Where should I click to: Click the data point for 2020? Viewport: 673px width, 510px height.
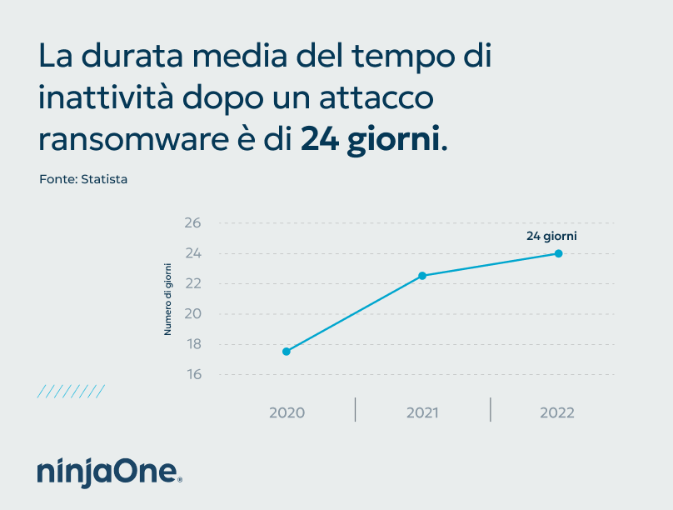point(286,352)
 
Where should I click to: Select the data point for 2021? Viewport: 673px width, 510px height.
point(422,276)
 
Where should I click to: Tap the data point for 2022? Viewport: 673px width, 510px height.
point(558,253)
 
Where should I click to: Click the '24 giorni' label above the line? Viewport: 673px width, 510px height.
point(551,236)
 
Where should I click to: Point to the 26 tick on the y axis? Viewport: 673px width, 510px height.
point(193,223)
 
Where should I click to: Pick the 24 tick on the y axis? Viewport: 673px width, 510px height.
point(193,253)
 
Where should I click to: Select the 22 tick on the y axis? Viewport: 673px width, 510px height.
point(193,283)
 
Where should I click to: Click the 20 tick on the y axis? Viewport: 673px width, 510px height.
point(193,314)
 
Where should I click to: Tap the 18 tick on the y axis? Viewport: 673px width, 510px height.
point(193,344)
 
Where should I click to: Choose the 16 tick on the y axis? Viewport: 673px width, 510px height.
point(193,374)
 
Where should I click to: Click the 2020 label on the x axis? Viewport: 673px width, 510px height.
point(287,412)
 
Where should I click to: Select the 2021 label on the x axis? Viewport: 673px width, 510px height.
point(422,412)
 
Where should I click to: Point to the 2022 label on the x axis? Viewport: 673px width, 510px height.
point(557,412)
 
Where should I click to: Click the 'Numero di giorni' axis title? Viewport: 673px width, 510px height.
point(167,298)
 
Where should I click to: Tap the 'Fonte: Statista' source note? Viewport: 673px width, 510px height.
point(83,179)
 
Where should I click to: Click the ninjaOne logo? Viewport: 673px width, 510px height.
point(108,472)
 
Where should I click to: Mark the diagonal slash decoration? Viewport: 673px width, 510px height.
point(71,391)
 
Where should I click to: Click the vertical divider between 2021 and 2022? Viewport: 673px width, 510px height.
point(491,409)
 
